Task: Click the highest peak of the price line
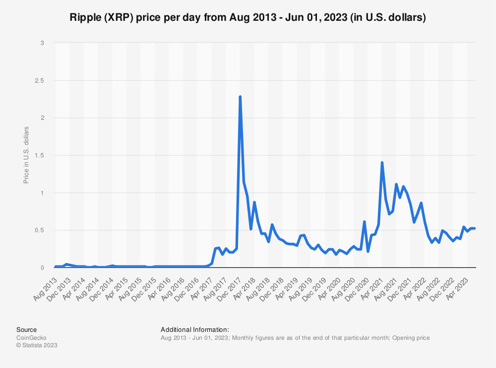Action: pos(240,97)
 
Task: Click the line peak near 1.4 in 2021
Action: pos(382,162)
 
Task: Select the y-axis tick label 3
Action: pos(43,43)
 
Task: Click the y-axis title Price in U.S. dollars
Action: pos(26,155)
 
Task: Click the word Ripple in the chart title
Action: pos(86,18)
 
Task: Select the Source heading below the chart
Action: pos(26,329)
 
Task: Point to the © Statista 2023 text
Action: pos(37,346)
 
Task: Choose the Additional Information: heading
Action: pos(195,329)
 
